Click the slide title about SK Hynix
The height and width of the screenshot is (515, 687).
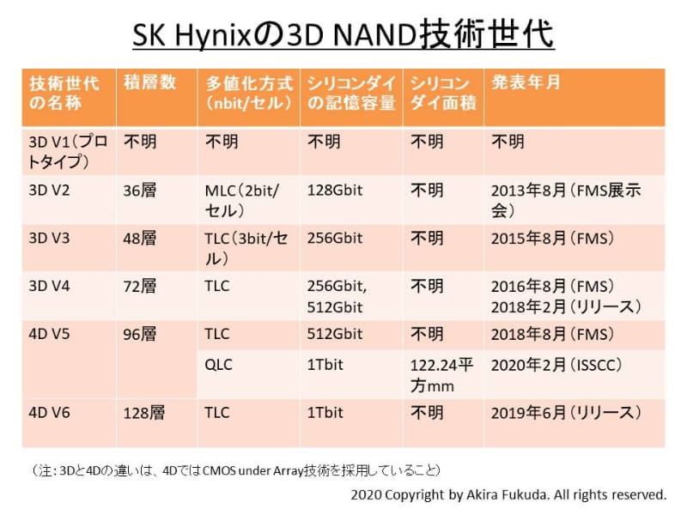coord(343,35)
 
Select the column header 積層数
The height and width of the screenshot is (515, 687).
coord(150,82)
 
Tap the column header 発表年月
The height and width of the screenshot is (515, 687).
coord(526,82)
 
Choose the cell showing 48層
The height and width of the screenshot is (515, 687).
coord(140,238)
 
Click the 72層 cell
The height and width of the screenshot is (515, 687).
coord(140,286)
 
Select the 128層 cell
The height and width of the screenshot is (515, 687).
coord(144,413)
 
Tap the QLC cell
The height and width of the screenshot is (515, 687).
coord(219,365)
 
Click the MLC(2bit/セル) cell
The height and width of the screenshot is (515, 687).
coord(242,200)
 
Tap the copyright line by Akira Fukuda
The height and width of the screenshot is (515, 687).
coord(508,495)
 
